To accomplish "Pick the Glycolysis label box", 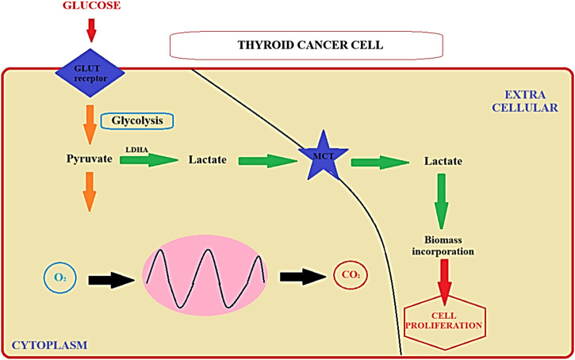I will point(136,121).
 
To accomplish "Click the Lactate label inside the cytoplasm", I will point(209,160).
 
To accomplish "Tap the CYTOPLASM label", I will point(48,345).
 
